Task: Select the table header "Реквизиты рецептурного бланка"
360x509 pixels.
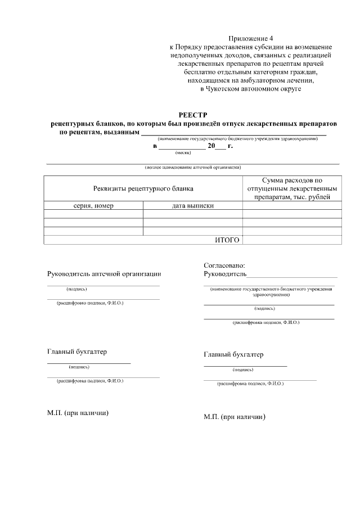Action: click(x=143, y=189)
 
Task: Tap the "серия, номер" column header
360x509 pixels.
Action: click(x=93, y=206)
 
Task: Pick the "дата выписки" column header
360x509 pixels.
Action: click(x=192, y=206)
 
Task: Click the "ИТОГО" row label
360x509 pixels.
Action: click(x=227, y=240)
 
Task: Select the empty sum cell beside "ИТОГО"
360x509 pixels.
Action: click(x=291, y=240)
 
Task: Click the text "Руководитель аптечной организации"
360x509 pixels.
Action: click(x=104, y=274)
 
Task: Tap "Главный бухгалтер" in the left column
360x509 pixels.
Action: click(x=76, y=352)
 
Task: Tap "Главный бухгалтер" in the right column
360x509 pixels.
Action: click(x=233, y=355)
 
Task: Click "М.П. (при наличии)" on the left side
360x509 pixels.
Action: click(x=78, y=413)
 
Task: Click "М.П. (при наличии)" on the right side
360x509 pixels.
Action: click(x=235, y=417)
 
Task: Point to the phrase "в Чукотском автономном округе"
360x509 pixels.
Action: click(x=251, y=89)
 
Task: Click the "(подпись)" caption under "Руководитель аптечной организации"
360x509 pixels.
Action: click(x=76, y=289)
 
